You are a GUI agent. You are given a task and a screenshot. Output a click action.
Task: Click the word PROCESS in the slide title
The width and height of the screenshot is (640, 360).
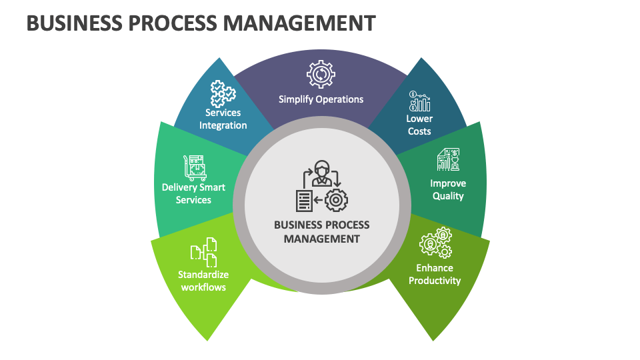173,23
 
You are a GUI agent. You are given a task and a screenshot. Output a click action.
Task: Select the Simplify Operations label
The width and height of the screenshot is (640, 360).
321,99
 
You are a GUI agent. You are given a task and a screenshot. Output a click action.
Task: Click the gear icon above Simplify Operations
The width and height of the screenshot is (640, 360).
321,74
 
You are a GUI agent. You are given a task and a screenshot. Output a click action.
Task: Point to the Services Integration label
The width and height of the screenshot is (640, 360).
223,119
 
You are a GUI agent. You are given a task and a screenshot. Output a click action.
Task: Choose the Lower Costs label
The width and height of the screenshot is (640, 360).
419,125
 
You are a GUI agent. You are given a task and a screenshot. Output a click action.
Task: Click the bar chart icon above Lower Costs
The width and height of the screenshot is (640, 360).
420,101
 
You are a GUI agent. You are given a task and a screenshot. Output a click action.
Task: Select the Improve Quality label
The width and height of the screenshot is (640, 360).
447,189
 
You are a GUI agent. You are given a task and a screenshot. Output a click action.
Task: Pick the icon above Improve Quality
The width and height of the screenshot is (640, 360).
448,160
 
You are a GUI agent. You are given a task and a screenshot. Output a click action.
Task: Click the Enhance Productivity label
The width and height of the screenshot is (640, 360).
435,274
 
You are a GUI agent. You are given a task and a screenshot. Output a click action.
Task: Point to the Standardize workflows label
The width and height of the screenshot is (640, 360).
203,281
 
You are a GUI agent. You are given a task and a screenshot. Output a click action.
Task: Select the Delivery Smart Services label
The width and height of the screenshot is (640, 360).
193,193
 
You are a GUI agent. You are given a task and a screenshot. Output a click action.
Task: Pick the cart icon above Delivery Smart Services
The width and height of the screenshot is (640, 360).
194,167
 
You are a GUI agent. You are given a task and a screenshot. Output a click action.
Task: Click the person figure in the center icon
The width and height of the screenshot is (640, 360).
322,172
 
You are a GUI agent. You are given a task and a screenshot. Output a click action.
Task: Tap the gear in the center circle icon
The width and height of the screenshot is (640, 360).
336,200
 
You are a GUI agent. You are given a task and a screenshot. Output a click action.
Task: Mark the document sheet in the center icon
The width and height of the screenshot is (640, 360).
304,201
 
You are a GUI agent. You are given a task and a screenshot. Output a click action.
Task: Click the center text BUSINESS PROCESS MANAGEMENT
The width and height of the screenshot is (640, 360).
321,231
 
